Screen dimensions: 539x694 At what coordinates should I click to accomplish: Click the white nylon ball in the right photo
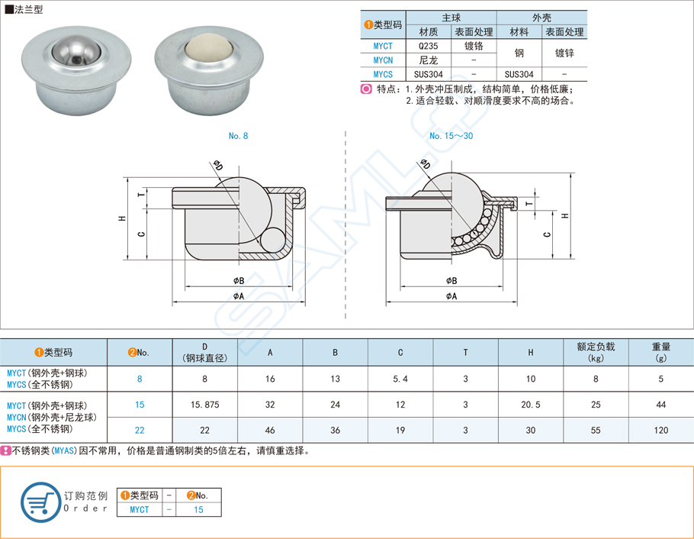(x=204, y=51)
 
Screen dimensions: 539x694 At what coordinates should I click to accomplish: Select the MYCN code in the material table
(x=383, y=60)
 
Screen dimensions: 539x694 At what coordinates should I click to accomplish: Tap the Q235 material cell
(x=428, y=45)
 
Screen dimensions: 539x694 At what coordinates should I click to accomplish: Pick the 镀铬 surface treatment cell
(x=474, y=45)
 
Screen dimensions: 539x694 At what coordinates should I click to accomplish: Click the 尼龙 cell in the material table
(x=428, y=60)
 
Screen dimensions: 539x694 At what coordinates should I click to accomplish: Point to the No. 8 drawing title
(x=238, y=136)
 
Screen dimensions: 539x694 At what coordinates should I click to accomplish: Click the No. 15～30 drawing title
(x=451, y=136)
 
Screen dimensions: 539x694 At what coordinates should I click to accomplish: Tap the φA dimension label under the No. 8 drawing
(x=238, y=295)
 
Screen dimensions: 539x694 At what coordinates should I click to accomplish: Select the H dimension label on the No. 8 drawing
(x=122, y=218)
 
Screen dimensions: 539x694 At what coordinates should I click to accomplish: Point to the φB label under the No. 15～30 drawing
(x=451, y=281)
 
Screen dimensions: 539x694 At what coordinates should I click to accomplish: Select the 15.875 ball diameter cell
(x=205, y=405)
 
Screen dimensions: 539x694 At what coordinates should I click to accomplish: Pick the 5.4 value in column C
(x=400, y=379)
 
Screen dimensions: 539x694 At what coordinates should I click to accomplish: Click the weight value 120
(x=660, y=431)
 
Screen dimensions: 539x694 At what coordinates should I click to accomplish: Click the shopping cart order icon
(x=40, y=502)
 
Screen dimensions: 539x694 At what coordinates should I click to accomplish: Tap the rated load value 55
(x=596, y=431)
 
